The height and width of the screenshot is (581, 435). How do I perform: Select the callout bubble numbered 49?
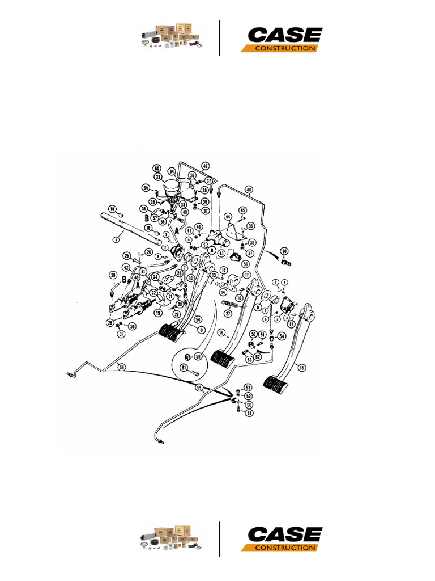[x=206, y=166]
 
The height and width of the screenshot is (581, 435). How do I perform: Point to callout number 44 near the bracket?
[x=228, y=217]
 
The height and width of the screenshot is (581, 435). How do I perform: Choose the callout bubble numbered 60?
[x=157, y=169]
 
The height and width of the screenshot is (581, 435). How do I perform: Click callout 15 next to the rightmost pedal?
[x=301, y=368]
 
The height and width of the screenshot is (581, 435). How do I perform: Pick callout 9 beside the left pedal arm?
[x=201, y=329]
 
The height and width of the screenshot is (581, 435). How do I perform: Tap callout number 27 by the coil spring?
[x=229, y=313]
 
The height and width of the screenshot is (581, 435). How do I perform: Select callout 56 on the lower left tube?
[x=121, y=367]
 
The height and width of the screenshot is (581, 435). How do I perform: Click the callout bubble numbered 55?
[x=199, y=388]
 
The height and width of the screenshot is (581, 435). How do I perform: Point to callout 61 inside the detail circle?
[x=184, y=368]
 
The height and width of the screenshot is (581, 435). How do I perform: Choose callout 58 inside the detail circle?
[x=198, y=357]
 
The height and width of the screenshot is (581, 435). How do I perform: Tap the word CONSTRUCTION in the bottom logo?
[x=284, y=548]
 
